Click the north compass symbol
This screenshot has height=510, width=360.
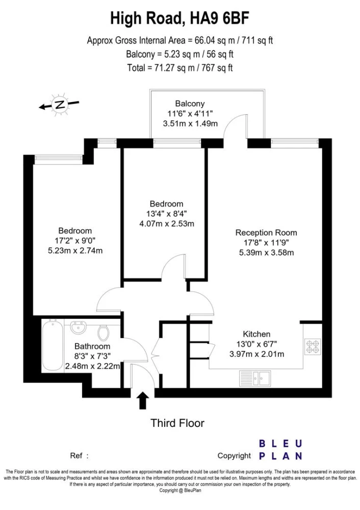pos(59,105)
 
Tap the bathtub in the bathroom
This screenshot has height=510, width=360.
pos(53,345)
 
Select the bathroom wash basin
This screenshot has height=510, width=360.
pos(79,327)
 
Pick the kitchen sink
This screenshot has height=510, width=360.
pos(255,378)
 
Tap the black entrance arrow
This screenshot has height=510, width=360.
pos(142,400)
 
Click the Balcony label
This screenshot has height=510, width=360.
pos(190,104)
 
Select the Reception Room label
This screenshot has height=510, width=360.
pos(266,233)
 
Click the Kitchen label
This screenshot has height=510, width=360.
pos(256,334)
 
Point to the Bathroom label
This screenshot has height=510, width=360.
pos(92,346)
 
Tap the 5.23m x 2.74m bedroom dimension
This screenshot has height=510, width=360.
pos(75,250)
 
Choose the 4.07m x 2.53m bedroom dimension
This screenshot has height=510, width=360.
pos(167,224)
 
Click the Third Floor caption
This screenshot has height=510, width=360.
pos(177,423)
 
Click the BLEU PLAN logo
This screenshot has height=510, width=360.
pos(281,450)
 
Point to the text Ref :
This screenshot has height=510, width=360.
pos(79,455)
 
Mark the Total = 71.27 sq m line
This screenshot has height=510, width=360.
pos(180,68)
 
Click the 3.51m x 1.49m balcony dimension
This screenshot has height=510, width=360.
pos(190,123)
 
